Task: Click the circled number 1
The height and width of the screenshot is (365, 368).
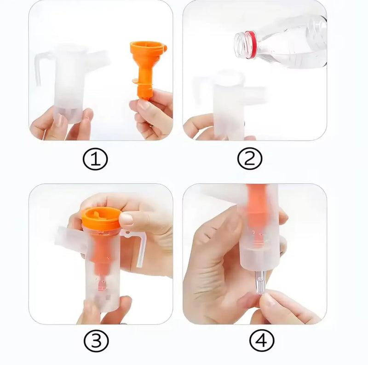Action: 95,160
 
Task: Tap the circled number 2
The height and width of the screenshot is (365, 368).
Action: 250,160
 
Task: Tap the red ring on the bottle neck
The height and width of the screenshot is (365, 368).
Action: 251,45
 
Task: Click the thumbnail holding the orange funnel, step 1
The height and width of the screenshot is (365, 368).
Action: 143,105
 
